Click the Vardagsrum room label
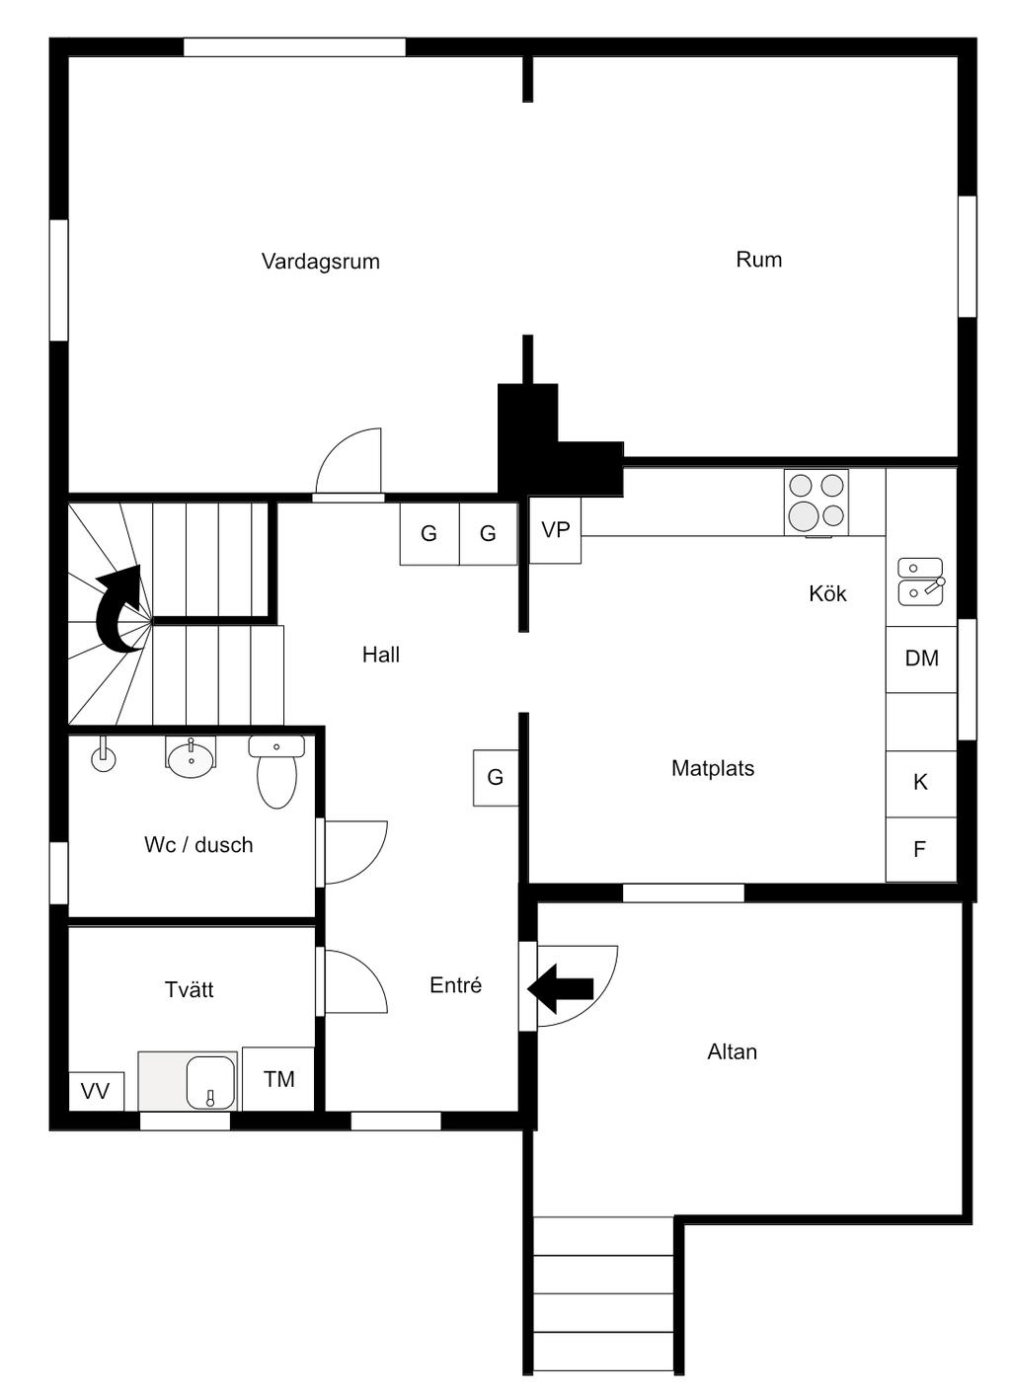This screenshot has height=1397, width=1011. (321, 262)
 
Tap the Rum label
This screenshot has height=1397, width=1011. (758, 259)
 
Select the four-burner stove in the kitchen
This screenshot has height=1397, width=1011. (817, 503)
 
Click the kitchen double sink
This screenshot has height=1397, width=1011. (920, 582)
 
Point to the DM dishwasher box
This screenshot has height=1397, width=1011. (921, 659)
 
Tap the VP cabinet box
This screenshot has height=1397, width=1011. (555, 530)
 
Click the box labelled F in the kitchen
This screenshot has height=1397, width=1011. (921, 849)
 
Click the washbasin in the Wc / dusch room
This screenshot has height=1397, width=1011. (192, 756)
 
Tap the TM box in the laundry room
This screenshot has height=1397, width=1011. (278, 1079)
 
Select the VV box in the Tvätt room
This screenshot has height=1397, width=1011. (96, 1091)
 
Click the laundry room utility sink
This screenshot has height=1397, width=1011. (210, 1082)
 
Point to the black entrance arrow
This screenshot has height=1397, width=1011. (560, 988)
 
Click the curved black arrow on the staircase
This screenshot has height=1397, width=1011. (119, 609)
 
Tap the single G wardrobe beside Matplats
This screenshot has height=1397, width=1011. (496, 778)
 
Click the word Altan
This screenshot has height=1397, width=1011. (733, 1052)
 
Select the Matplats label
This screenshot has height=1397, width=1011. (713, 768)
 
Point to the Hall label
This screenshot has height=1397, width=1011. (381, 655)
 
